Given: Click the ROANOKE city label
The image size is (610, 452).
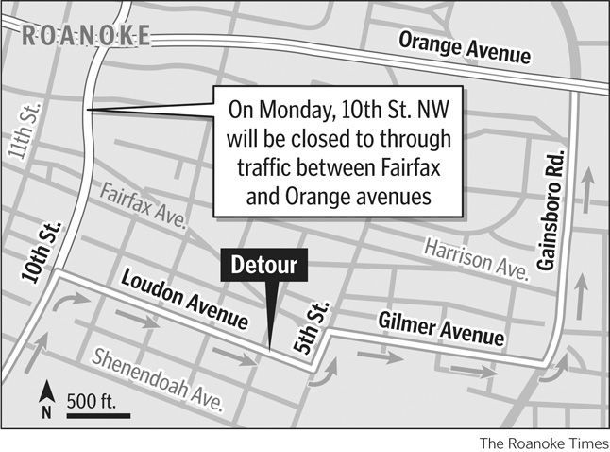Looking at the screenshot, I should (85, 36).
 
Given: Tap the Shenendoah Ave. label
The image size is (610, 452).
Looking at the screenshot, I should (157, 378).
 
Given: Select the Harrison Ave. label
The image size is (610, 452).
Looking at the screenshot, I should (474, 257).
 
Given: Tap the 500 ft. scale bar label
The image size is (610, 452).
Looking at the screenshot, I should (91, 401).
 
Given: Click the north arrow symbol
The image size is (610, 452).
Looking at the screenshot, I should (44, 398).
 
